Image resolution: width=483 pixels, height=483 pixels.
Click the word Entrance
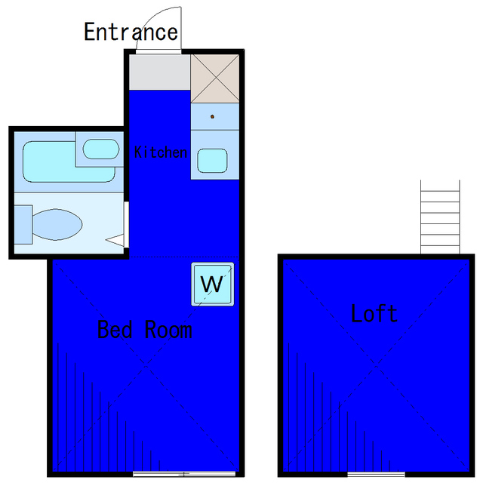(131, 32)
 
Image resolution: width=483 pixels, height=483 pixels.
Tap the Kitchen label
(161, 152)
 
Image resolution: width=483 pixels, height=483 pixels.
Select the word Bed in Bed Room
(115, 329)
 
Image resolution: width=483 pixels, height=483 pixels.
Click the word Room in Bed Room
(168, 330)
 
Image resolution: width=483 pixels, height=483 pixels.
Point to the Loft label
(374, 313)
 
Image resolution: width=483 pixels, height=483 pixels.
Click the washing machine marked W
(213, 284)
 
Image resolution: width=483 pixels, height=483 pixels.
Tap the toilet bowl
(57, 224)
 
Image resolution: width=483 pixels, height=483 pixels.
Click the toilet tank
(23, 225)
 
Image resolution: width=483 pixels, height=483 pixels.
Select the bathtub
(69, 162)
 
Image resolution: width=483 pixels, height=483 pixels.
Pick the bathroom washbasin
(100, 149)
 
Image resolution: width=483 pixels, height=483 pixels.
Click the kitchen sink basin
(212, 161)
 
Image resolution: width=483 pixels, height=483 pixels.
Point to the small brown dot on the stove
(212, 116)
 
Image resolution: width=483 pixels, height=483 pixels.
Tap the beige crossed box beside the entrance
(215, 78)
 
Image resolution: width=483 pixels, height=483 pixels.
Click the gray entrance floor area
(159, 72)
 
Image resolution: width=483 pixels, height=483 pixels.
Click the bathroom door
(126, 224)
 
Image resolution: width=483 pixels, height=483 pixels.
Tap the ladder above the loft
(440, 217)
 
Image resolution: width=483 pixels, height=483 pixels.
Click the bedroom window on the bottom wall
(184, 474)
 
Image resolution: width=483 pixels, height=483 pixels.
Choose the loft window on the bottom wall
(376, 474)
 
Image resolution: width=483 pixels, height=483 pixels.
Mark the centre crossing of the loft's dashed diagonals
(376, 365)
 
